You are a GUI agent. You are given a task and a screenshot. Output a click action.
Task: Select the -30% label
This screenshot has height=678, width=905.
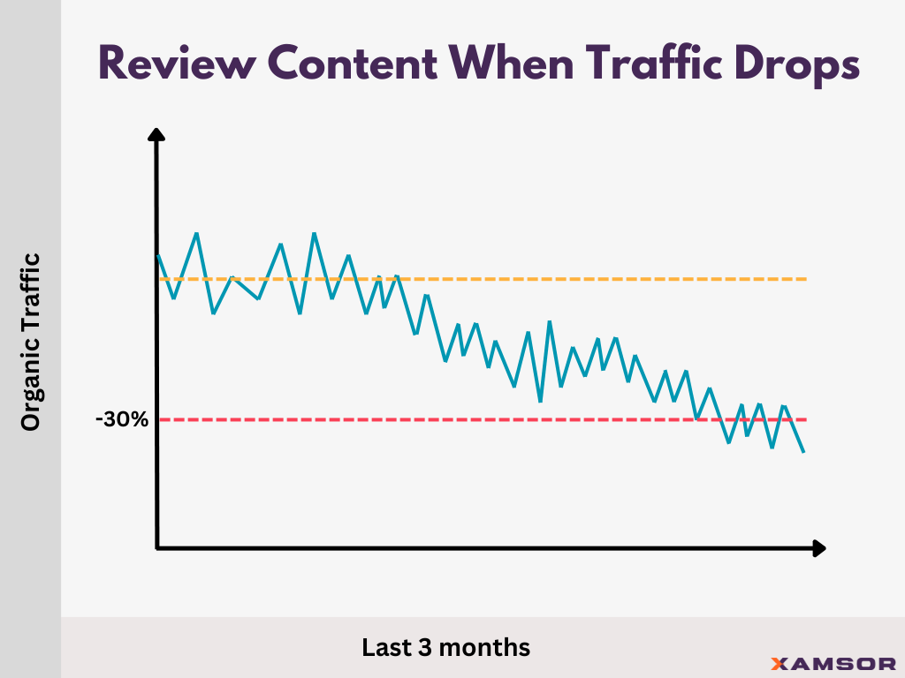(x=122, y=419)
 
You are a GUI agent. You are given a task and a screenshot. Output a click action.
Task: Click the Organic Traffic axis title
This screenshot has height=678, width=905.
(x=31, y=343)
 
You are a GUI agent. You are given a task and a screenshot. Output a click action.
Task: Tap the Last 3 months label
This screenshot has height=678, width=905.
(x=446, y=647)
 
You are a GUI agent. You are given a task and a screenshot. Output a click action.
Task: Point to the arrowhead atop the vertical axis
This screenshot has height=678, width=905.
(x=156, y=135)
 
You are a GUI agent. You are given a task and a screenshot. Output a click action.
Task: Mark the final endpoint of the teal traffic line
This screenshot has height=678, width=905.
(x=803, y=452)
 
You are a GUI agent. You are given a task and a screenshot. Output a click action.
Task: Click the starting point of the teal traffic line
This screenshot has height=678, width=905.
(x=158, y=255)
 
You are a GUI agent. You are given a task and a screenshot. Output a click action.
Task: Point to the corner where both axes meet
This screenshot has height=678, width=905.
(x=157, y=548)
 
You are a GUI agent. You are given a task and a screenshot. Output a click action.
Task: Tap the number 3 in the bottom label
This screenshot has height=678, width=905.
(x=429, y=647)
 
